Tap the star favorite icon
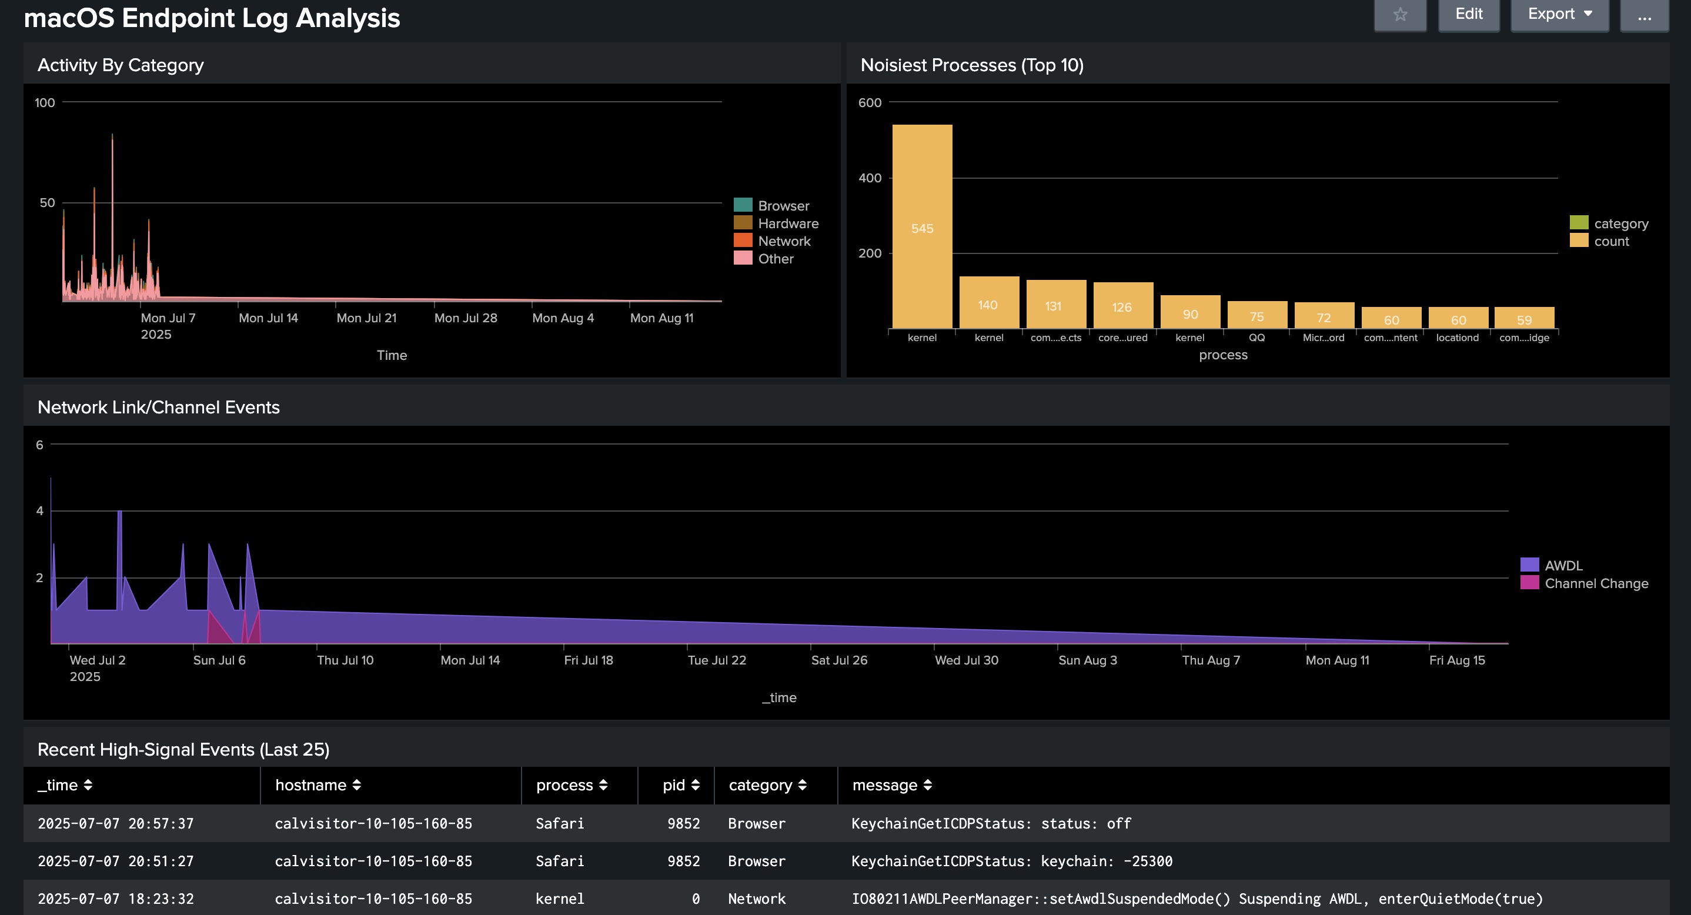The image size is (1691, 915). pyautogui.click(x=1400, y=15)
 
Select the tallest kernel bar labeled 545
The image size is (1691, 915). pyautogui.click(x=922, y=226)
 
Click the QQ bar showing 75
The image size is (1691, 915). pyautogui.click(x=1256, y=315)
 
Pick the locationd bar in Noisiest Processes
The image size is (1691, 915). pyautogui.click(x=1458, y=318)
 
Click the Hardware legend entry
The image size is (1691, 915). pyautogui.click(x=776, y=224)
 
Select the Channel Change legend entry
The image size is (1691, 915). pyautogui.click(x=1584, y=583)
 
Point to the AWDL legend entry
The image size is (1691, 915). pyautogui.click(x=1551, y=565)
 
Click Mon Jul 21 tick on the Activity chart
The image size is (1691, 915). pyautogui.click(x=366, y=318)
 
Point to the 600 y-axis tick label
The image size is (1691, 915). pyautogui.click(x=870, y=102)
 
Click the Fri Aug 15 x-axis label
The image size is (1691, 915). pyautogui.click(x=1456, y=660)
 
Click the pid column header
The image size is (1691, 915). pyautogui.click(x=681, y=785)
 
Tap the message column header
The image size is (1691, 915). pyautogui.click(x=892, y=785)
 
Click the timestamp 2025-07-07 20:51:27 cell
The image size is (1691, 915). pyautogui.click(x=115, y=861)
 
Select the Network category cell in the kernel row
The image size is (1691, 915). pyautogui.click(x=756, y=899)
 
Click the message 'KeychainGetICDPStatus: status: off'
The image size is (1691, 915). pyautogui.click(x=991, y=824)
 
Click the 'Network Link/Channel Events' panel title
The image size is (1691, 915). pyautogui.click(x=159, y=408)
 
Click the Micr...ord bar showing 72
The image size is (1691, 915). pyautogui.click(x=1324, y=316)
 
